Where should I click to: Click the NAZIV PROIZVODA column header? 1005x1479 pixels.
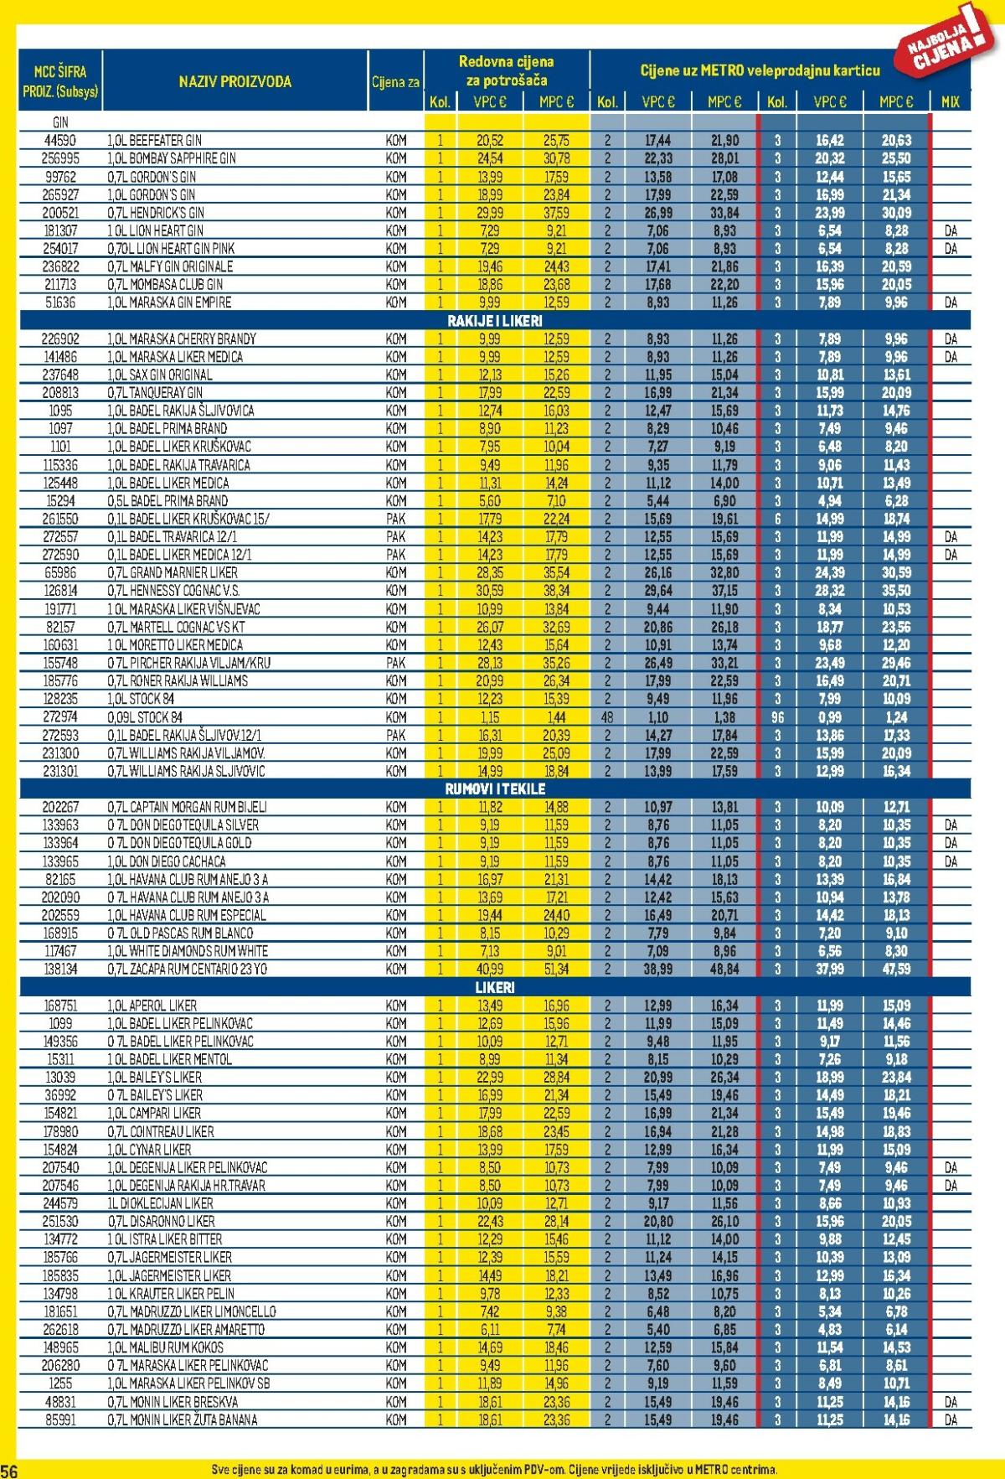(x=234, y=81)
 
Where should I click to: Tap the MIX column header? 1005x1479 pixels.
(x=950, y=102)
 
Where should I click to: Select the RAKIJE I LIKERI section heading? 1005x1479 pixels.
(x=494, y=321)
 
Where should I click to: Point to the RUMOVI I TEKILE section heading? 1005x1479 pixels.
(x=494, y=789)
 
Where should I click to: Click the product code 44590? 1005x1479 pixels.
(x=60, y=140)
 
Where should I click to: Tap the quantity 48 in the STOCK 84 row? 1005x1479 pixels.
(x=607, y=716)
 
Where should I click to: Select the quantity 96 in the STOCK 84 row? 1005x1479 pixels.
(x=776, y=716)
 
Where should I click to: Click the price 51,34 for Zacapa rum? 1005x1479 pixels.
(x=556, y=969)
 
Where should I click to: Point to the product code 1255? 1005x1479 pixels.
(x=60, y=1383)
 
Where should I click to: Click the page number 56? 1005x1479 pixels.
(x=9, y=1471)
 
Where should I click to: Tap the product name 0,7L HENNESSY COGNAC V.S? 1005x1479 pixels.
(x=172, y=590)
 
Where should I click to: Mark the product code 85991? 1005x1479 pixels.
(x=60, y=1419)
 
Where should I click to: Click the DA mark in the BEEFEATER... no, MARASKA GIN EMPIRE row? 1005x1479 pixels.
(x=950, y=303)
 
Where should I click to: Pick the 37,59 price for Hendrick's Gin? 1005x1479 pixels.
(x=556, y=212)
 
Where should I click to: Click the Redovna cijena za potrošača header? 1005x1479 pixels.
(x=506, y=71)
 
